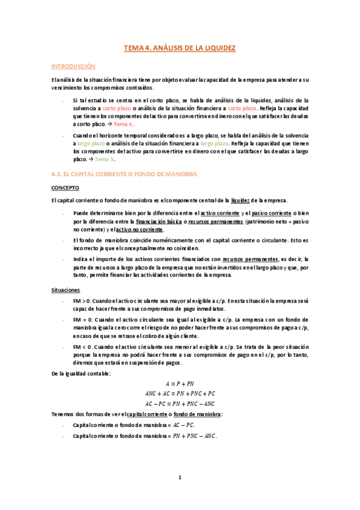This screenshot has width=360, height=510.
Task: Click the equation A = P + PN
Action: tap(180, 384)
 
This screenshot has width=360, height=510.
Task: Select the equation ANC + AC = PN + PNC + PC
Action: tap(180, 393)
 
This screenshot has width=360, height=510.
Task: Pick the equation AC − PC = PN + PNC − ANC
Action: tap(180, 404)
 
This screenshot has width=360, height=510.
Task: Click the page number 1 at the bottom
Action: tap(180, 478)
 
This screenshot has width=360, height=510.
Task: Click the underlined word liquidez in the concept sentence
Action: tap(242, 200)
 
